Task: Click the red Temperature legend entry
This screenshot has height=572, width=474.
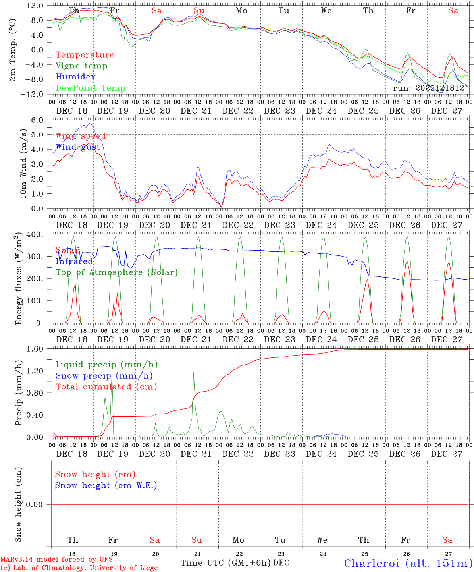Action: [85, 55]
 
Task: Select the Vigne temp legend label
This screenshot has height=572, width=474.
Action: [81, 66]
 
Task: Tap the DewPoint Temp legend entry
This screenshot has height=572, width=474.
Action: [91, 88]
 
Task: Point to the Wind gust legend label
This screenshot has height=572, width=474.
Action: [78, 147]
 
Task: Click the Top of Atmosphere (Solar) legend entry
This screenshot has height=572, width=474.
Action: [117, 272]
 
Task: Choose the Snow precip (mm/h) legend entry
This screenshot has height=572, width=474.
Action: [104, 376]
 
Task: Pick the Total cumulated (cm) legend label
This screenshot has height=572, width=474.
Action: [106, 387]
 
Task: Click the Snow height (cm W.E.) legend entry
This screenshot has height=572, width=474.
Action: [106, 485]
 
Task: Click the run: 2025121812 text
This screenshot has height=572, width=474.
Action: [428, 88]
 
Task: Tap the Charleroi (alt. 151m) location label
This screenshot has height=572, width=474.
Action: [408, 563]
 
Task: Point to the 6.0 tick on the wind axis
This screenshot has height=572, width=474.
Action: [37, 120]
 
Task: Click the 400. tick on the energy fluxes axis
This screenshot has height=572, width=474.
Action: [35, 234]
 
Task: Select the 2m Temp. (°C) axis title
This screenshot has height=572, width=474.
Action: [13, 50]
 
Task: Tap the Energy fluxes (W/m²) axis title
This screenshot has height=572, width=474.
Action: [18, 279]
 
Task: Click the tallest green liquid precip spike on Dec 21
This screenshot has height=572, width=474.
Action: [193, 373]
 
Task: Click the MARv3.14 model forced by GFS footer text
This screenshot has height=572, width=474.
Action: [56, 560]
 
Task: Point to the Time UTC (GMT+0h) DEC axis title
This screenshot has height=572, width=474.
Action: [235, 563]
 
